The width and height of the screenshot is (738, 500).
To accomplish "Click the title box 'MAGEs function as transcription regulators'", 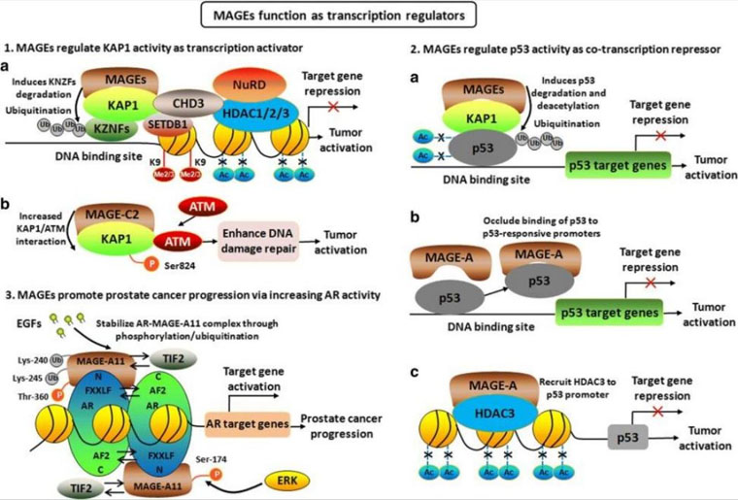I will [369, 17].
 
